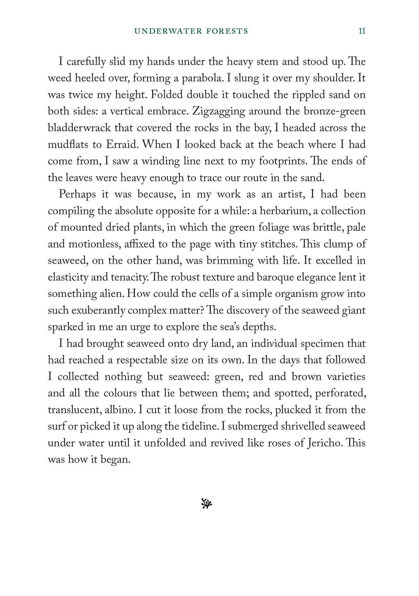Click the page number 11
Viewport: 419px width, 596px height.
click(x=362, y=31)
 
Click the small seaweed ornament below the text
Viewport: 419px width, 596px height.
click(x=207, y=503)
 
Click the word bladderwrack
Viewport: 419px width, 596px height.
click(x=79, y=128)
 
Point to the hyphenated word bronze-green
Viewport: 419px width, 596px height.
click(x=335, y=111)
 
